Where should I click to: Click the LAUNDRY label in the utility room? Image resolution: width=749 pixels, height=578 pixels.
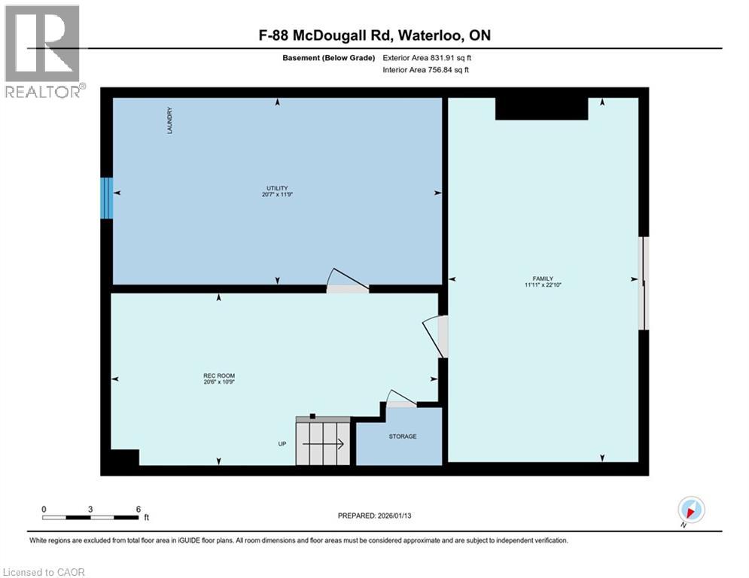click(x=171, y=120)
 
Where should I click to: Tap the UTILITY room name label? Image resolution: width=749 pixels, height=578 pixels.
click(x=278, y=188)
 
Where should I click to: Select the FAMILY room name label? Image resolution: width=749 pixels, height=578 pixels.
click(x=543, y=278)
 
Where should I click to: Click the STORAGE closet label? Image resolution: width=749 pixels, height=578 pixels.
click(x=402, y=437)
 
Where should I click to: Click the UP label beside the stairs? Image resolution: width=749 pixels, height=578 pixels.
click(x=283, y=444)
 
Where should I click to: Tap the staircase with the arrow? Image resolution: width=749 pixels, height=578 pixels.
click(x=323, y=443)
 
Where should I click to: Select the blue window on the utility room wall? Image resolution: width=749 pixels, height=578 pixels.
click(x=107, y=198)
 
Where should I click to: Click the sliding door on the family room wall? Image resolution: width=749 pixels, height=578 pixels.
click(x=643, y=283)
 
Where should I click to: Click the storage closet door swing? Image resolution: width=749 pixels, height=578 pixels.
click(x=400, y=399)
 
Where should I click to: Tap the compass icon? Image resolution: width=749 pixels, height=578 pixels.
click(x=690, y=510)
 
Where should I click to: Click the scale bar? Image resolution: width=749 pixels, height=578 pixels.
click(x=91, y=516)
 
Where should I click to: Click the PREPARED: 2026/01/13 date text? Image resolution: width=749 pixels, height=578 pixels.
click(x=374, y=516)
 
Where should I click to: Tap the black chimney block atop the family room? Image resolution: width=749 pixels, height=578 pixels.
click(x=541, y=108)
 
